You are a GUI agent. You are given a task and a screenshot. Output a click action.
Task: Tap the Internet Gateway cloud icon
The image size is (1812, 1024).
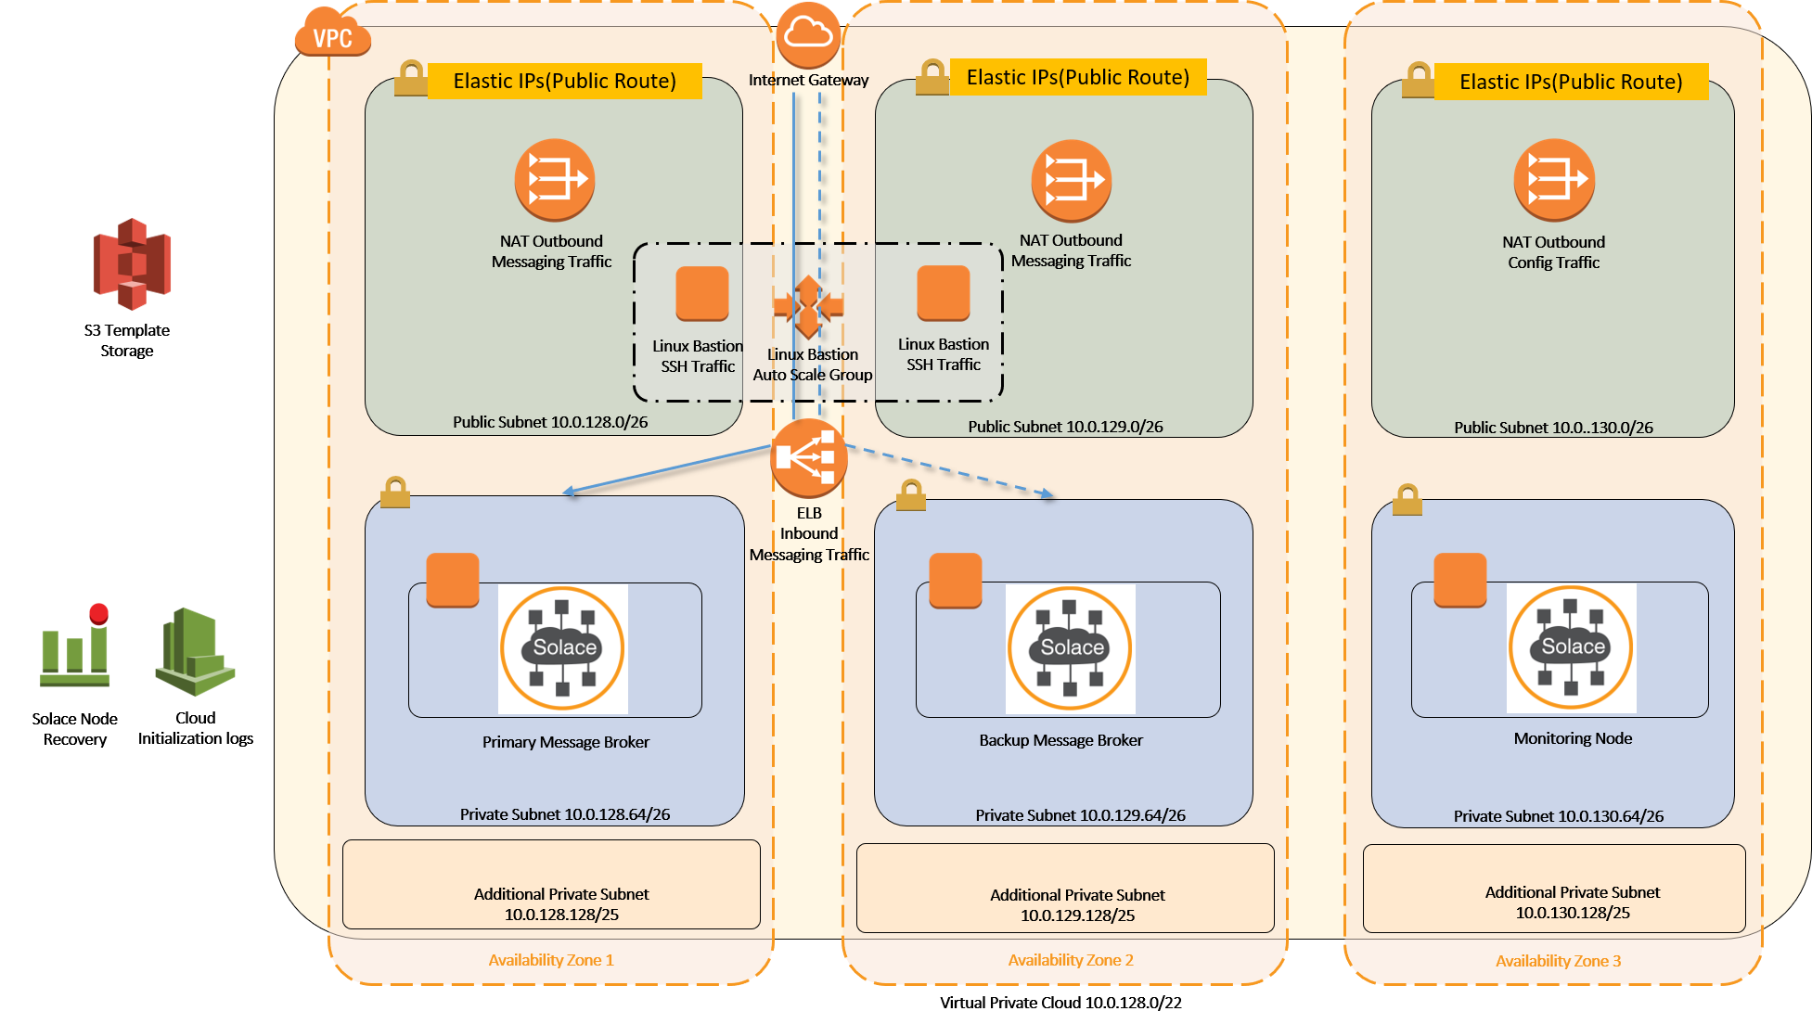pos(808,34)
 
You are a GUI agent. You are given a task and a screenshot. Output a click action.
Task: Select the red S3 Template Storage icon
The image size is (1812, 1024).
pos(132,263)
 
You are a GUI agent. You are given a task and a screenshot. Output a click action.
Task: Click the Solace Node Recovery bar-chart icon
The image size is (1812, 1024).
pos(75,646)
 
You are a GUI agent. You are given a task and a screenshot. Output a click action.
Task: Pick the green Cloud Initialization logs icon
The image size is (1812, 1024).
pos(195,651)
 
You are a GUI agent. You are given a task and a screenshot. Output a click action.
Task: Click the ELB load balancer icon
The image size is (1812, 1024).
pos(809,458)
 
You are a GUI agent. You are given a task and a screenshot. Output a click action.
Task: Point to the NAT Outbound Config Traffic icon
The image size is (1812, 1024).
pos(1554,180)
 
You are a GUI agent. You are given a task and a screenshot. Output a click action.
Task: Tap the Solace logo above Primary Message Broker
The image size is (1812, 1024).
pos(563,648)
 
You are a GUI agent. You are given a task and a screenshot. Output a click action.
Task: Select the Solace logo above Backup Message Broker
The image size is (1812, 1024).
pos(1071,648)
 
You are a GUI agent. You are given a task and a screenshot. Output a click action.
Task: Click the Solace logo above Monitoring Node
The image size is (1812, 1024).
pos(1571,647)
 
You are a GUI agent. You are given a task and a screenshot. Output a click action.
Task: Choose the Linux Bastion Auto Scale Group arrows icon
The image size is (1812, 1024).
pos(808,306)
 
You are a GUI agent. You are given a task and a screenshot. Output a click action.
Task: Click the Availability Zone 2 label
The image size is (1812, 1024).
pos(1071,960)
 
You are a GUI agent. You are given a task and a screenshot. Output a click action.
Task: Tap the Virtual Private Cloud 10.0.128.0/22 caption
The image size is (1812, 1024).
pos(1060,1003)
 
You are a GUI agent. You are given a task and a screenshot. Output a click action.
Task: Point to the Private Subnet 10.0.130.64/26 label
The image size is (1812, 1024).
pos(1558,816)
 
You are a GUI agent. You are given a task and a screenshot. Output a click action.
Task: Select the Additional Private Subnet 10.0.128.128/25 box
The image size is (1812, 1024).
pos(551,884)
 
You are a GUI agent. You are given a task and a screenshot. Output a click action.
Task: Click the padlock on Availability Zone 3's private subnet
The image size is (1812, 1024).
pos(1407,500)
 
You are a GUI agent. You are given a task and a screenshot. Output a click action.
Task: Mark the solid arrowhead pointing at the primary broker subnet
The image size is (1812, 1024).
pos(570,492)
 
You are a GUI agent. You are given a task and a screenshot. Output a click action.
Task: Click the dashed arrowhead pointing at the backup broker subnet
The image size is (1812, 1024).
pos(1047,494)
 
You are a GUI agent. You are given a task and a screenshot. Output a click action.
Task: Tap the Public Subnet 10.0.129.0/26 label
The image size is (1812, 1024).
pos(1065,427)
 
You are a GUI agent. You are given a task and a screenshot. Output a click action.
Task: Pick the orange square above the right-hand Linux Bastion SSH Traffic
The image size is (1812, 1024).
pos(943,293)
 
